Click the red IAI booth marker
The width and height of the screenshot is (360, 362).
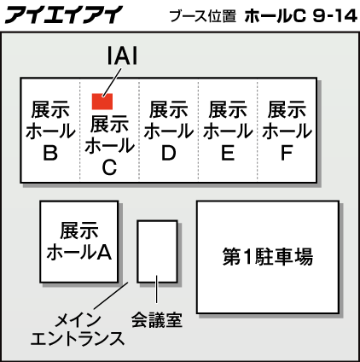[102, 102]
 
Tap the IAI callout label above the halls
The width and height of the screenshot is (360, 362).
[122, 55]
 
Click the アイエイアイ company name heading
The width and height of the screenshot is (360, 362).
[64, 15]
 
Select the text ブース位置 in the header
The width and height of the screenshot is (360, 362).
[203, 16]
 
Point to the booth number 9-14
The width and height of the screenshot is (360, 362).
[334, 16]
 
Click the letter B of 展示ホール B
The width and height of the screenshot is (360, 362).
[50, 153]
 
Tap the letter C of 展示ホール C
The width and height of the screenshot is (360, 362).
[109, 167]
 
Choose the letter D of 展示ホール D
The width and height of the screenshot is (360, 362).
[169, 153]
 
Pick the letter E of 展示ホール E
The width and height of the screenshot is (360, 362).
[228, 153]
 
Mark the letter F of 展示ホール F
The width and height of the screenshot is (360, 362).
[287, 153]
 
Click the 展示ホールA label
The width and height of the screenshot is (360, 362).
[79, 242]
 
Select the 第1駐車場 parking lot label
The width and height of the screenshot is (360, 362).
[268, 257]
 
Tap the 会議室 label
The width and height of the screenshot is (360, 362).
[157, 320]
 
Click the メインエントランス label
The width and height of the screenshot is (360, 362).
[78, 330]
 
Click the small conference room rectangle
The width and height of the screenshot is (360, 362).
[157, 251]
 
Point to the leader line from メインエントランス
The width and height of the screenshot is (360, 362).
[111, 295]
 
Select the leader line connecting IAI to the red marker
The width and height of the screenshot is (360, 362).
[112, 82]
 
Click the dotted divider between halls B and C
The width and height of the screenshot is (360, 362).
[80, 130]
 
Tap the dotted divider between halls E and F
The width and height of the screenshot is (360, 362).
[258, 130]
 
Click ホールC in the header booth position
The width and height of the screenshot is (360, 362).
[275, 16]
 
